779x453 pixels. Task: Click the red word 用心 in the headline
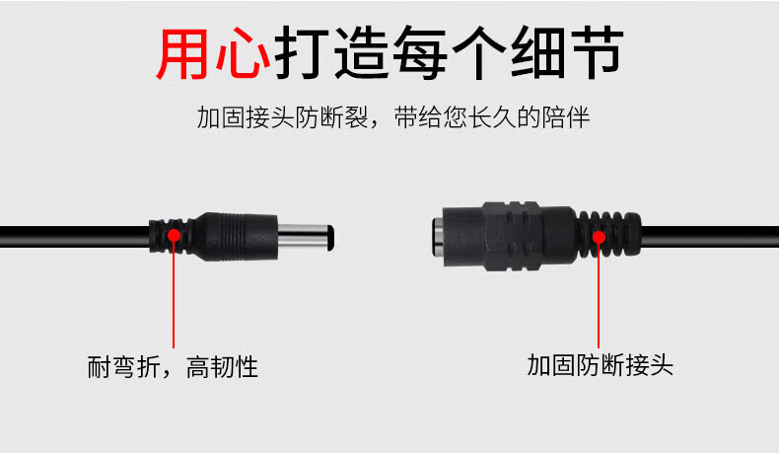coord(213,53)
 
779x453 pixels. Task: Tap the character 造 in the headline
coord(361,53)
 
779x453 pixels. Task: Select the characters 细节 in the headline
coord(567,53)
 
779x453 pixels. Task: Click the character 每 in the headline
coord(420,53)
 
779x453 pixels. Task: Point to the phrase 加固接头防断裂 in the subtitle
coord(282,117)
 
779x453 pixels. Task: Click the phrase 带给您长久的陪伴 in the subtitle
coord(492,117)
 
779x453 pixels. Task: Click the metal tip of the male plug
coord(306,237)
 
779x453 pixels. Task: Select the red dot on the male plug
coord(174,235)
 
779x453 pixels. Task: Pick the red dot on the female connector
coord(599,237)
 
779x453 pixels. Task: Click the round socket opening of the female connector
coord(438,237)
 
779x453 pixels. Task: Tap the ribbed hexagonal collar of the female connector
coord(510,236)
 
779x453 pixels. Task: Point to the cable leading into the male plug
coord(75,237)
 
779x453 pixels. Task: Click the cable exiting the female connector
coord(710,237)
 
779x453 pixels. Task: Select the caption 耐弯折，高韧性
coord(173,367)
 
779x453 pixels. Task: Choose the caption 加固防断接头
coord(600,365)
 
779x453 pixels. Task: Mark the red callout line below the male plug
coord(174,294)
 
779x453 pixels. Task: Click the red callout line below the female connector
coord(599,296)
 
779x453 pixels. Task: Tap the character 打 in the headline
coord(302,53)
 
